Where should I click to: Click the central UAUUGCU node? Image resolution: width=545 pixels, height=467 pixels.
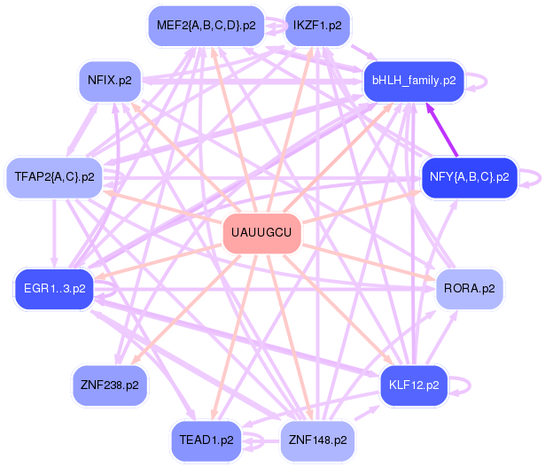point(261,233)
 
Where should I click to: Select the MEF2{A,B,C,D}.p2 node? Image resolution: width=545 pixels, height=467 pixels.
point(206,26)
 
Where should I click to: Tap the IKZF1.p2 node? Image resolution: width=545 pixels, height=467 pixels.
point(317,26)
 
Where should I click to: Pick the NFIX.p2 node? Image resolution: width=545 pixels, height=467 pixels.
point(110,81)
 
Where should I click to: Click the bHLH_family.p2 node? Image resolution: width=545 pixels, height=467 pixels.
point(414,81)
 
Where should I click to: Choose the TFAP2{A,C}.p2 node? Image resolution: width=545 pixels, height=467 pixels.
point(54,177)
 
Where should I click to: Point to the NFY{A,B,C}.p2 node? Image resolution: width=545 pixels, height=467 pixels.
point(469,177)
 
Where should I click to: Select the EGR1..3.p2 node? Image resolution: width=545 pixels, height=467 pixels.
point(55,289)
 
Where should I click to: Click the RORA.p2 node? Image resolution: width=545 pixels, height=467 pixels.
point(469,289)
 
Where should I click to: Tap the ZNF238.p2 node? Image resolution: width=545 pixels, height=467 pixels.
point(110,385)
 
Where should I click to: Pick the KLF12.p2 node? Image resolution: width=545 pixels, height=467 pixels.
point(414,385)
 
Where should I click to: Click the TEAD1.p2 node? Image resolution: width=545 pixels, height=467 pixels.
point(206,440)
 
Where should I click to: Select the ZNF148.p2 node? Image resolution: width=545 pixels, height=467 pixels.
point(317,440)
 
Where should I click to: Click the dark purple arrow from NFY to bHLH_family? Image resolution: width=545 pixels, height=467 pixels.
point(442,129)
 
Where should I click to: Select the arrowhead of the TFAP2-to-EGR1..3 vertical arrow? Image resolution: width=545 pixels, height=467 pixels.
point(54,262)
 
